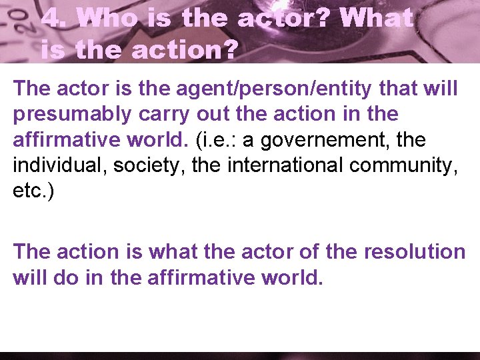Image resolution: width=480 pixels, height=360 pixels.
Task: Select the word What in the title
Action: [376, 19]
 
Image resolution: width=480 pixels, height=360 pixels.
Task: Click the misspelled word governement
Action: [372, 140]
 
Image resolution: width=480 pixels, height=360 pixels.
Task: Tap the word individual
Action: [59, 165]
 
